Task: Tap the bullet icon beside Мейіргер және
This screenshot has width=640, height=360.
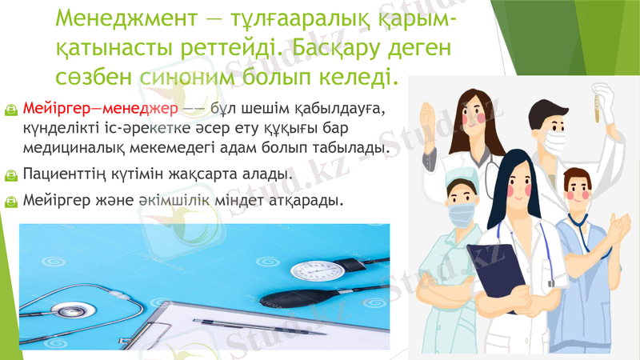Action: tap(10, 200)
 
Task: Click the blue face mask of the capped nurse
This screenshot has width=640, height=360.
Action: tap(462, 214)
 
